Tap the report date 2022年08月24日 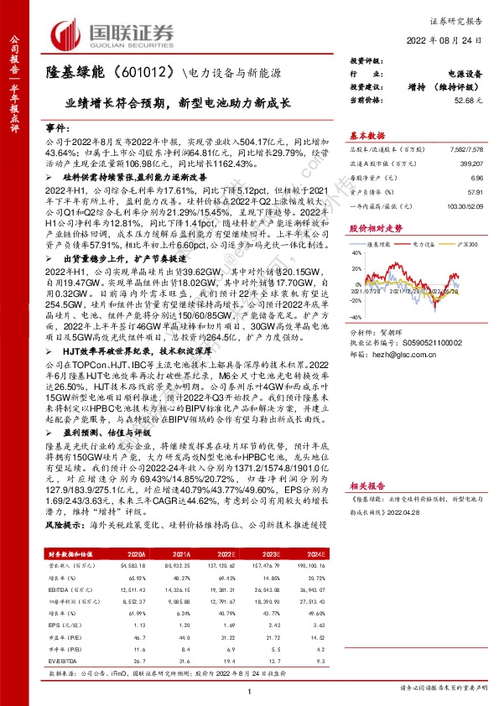point(451,41)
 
